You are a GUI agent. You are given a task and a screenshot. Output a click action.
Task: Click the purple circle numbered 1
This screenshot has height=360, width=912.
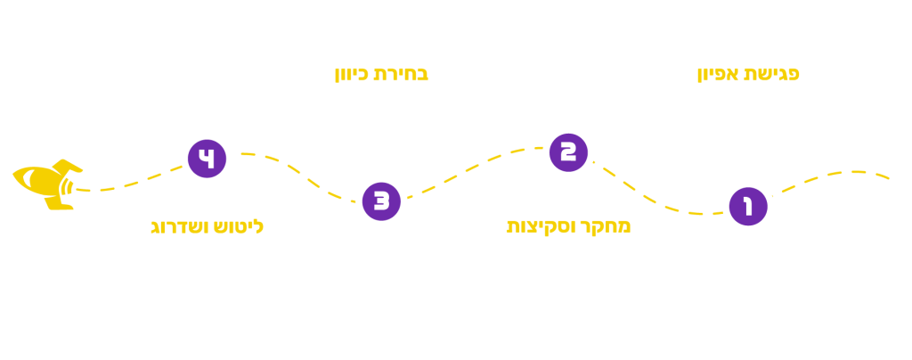(745, 207)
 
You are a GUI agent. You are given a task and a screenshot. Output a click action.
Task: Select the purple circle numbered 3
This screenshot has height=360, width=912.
(381, 200)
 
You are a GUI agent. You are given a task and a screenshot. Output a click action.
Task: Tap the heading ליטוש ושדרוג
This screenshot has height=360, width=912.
(204, 227)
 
